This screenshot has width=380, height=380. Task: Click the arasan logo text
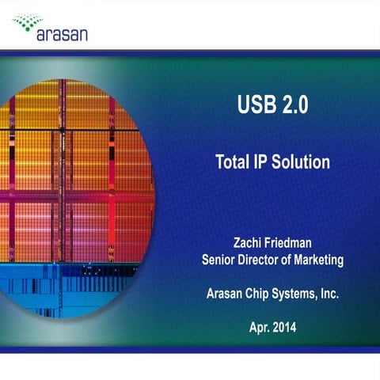coord(62,34)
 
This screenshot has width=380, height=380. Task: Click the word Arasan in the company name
coord(226,293)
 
